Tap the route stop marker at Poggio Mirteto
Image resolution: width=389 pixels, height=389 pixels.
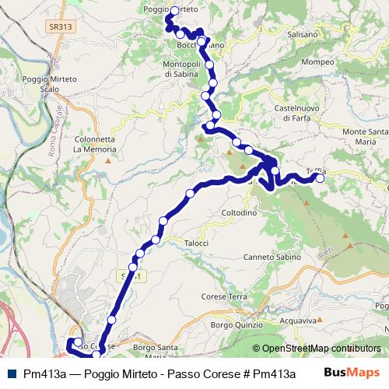coord(174,11)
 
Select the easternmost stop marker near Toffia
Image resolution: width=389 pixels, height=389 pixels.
coord(320,178)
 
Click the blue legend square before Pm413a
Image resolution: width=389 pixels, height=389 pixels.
coord(16,373)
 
